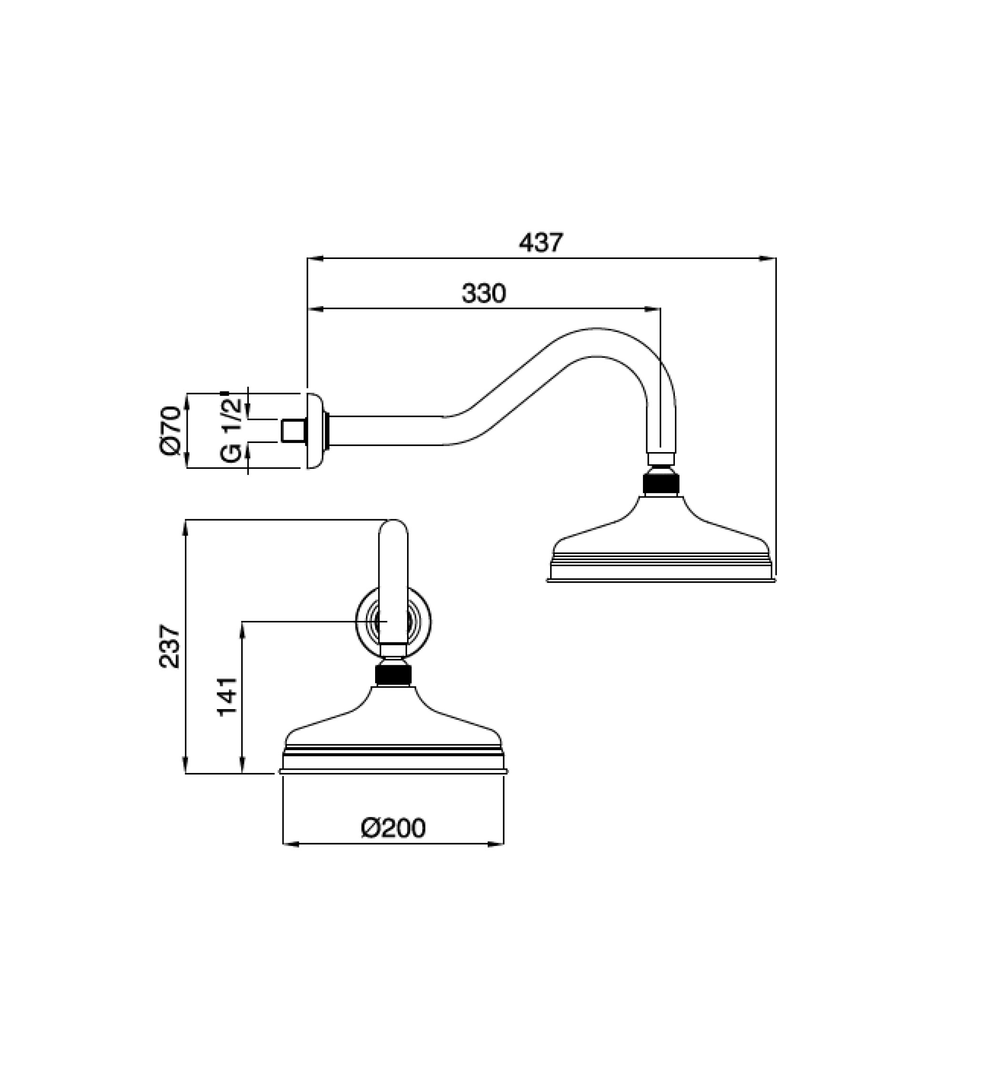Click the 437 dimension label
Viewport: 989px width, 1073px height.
coord(540,243)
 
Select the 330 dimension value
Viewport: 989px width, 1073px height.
coord(484,294)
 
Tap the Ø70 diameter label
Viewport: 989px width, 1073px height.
coord(171,431)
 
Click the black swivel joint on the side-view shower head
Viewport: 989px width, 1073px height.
coord(661,481)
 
